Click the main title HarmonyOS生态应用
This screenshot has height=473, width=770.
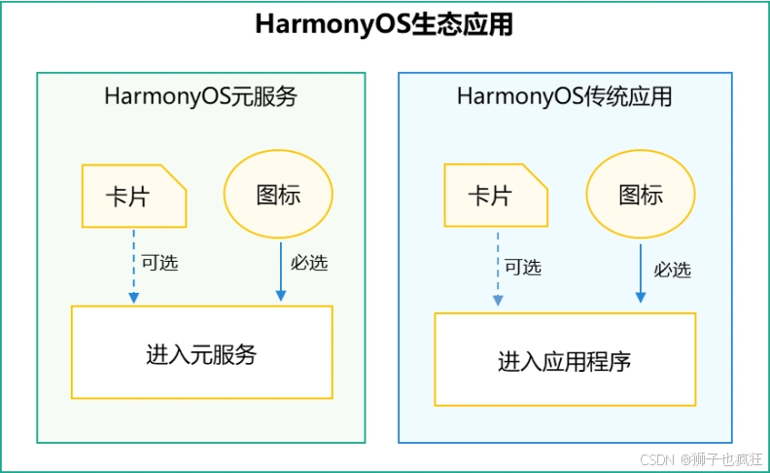pyautogui.click(x=384, y=24)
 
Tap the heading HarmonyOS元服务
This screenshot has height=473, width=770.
pyautogui.click(x=200, y=97)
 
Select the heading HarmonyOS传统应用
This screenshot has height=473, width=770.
pyautogui.click(x=564, y=97)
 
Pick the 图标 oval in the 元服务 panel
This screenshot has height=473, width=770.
pyautogui.click(x=278, y=194)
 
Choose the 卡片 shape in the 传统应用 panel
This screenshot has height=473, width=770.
pyautogui.click(x=495, y=196)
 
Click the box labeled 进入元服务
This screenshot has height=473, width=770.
pyautogui.click(x=201, y=352)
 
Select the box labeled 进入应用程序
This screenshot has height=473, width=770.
pyautogui.click(x=565, y=359)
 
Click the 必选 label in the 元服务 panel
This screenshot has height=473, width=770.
pyautogui.click(x=309, y=263)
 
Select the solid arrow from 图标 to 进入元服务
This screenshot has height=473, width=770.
pyautogui.click(x=281, y=273)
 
